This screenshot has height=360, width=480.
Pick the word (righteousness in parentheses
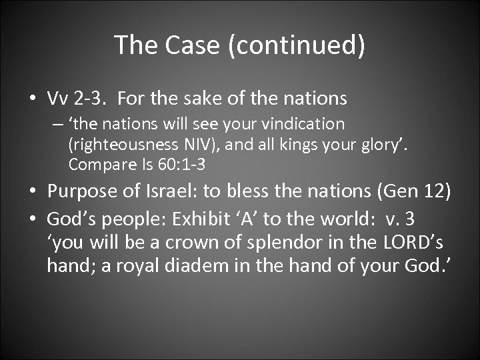click(119, 144)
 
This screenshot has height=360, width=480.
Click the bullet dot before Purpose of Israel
click(31, 193)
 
